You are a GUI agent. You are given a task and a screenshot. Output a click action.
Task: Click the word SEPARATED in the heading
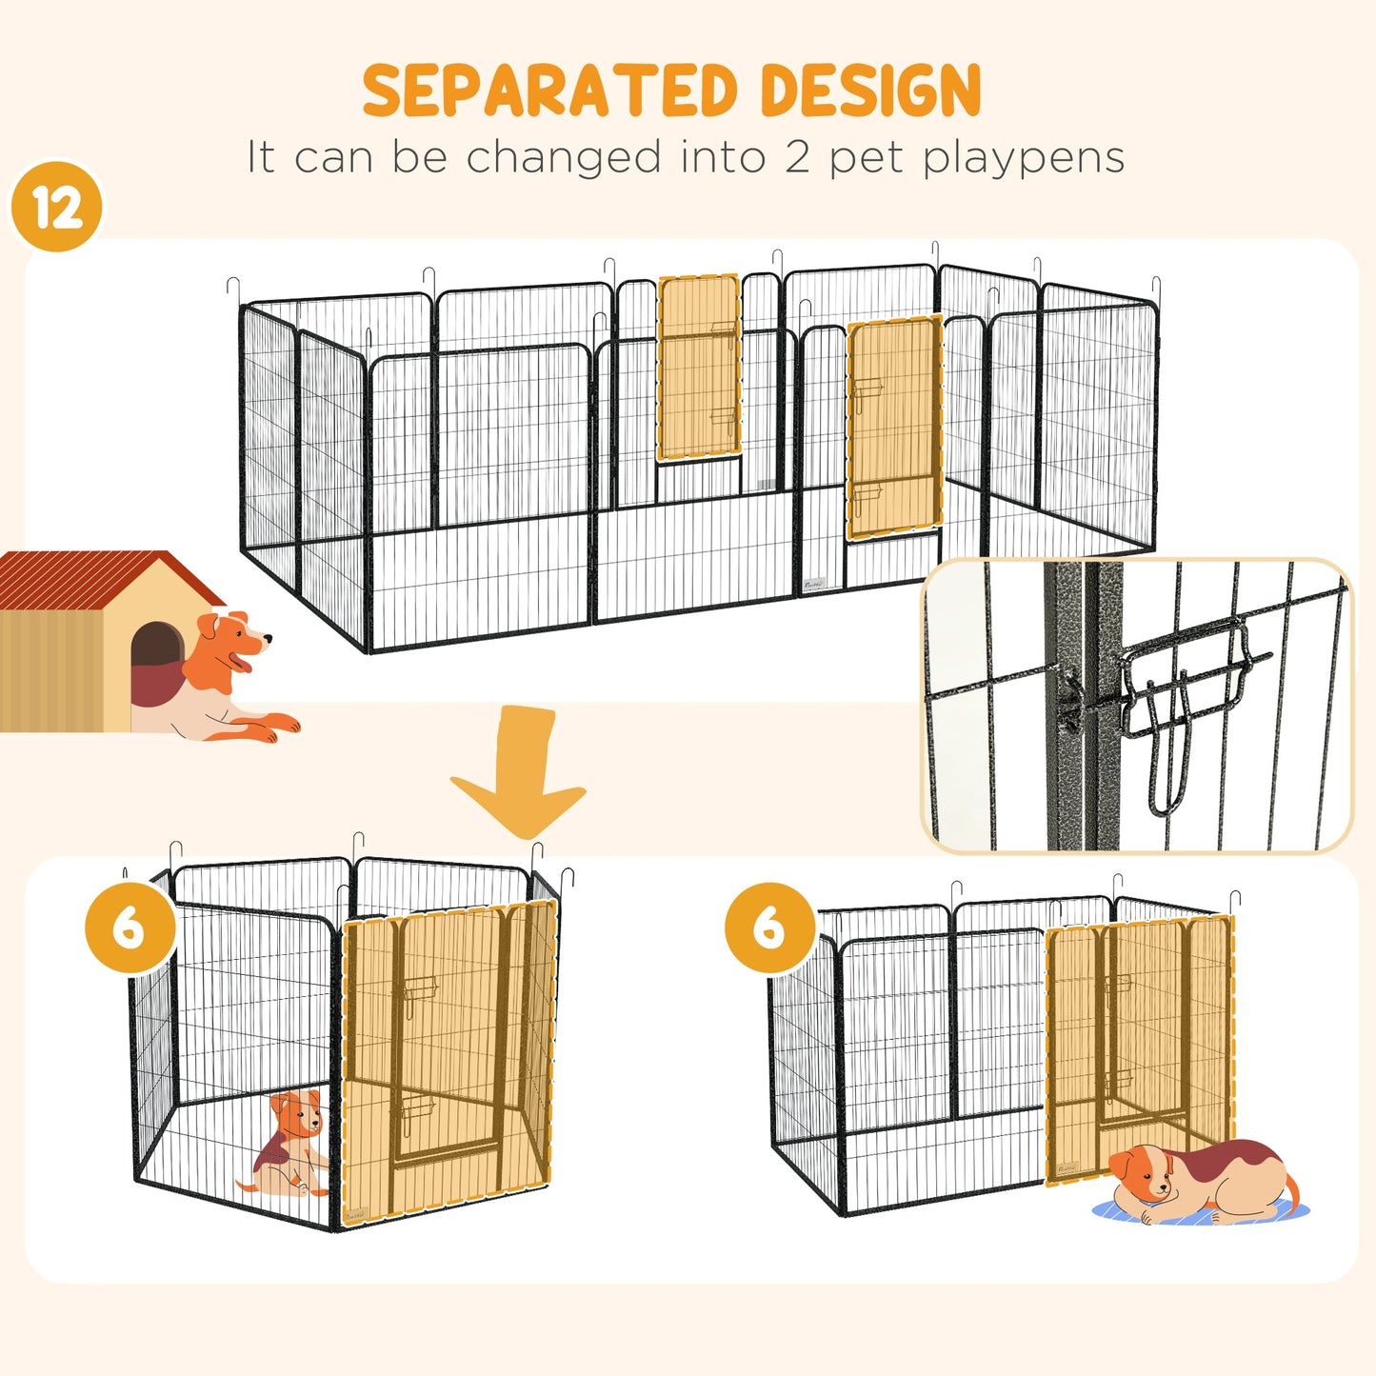550,91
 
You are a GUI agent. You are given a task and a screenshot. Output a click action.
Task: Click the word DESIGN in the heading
870,91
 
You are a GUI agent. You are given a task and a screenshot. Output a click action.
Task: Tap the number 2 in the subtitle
796,157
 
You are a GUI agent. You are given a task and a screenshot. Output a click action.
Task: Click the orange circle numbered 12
56,207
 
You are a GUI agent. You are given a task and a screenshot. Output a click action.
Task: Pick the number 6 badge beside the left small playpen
130,927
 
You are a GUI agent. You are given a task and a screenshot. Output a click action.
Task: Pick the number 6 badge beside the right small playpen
769,927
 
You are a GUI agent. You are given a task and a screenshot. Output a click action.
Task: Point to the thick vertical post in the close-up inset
1072,705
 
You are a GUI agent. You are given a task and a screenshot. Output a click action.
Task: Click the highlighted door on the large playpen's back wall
699,368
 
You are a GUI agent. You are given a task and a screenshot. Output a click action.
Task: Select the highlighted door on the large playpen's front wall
894,429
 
